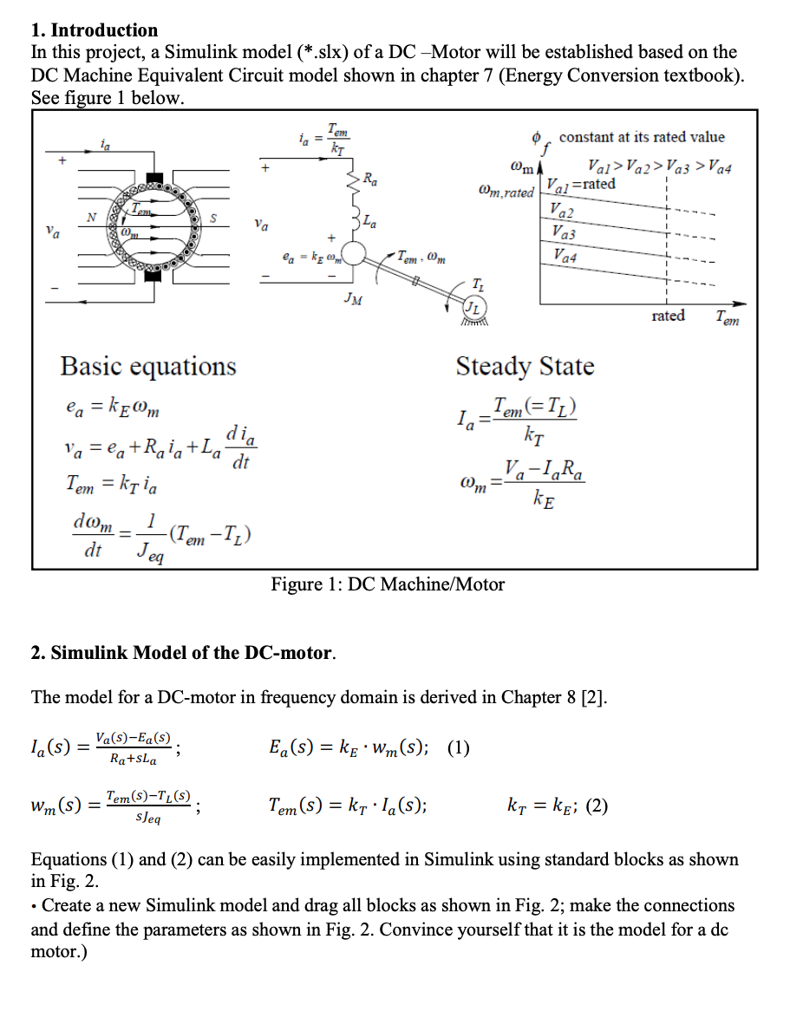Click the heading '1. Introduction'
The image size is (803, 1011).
click(x=95, y=30)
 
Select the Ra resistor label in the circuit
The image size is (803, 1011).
click(x=369, y=180)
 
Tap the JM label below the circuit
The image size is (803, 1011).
click(x=353, y=299)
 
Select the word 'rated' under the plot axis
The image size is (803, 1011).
click(x=668, y=316)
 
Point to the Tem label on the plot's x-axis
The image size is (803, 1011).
click(x=727, y=318)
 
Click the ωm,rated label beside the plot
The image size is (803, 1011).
click(x=506, y=192)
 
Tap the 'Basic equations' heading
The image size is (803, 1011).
click(x=147, y=366)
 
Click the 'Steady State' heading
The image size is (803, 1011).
click(x=525, y=366)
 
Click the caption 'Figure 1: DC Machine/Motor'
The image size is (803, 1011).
click(x=388, y=584)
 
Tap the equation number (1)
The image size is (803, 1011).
click(x=459, y=747)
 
